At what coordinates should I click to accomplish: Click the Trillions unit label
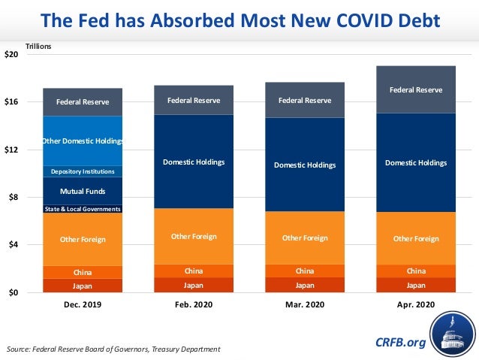pyautogui.click(x=38, y=47)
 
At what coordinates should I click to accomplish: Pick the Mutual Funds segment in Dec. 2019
pyautogui.click(x=83, y=191)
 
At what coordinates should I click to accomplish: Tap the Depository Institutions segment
pyautogui.click(x=83, y=171)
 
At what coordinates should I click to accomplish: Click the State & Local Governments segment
pyautogui.click(x=83, y=209)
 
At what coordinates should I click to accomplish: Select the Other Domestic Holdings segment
pyautogui.click(x=83, y=141)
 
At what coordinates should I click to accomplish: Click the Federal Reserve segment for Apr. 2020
pyautogui.click(x=415, y=89)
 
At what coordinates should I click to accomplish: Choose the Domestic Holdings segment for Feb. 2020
pyautogui.click(x=194, y=162)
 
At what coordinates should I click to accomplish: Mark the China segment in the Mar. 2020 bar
pyautogui.click(x=305, y=271)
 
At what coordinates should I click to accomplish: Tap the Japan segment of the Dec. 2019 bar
pyautogui.click(x=83, y=286)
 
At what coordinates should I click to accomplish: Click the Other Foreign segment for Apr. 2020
pyautogui.click(x=415, y=238)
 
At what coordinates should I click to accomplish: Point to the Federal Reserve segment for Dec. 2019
pyautogui.click(x=83, y=101)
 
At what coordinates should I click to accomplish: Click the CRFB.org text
pyautogui.click(x=400, y=343)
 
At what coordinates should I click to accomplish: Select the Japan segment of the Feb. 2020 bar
pyautogui.click(x=194, y=285)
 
